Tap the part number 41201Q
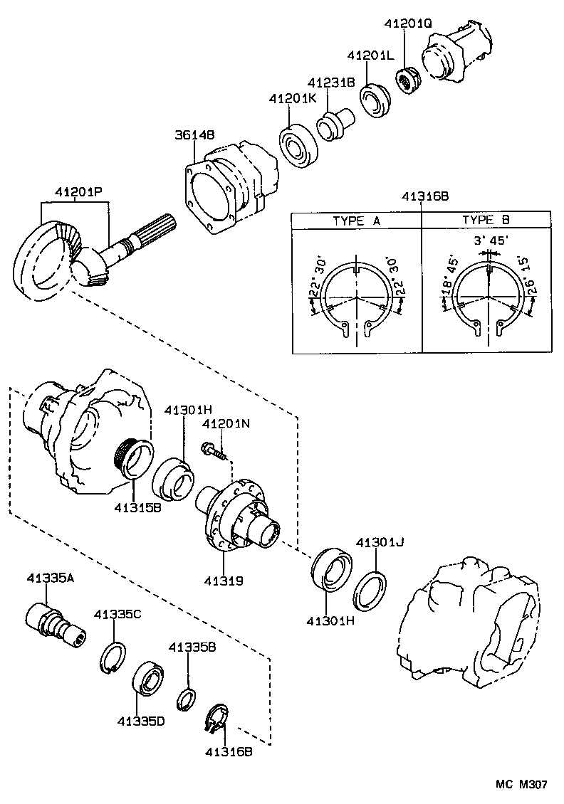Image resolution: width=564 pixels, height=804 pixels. [408, 23]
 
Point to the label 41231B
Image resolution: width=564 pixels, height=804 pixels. [331, 83]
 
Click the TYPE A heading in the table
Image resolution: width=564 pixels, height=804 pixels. [356, 221]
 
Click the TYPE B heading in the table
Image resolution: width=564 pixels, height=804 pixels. [486, 221]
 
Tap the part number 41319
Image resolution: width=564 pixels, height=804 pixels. [224, 581]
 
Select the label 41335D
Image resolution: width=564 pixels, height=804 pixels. [141, 721]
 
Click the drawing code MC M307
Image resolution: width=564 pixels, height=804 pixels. [521, 784]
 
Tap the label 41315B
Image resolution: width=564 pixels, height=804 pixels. [137, 508]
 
